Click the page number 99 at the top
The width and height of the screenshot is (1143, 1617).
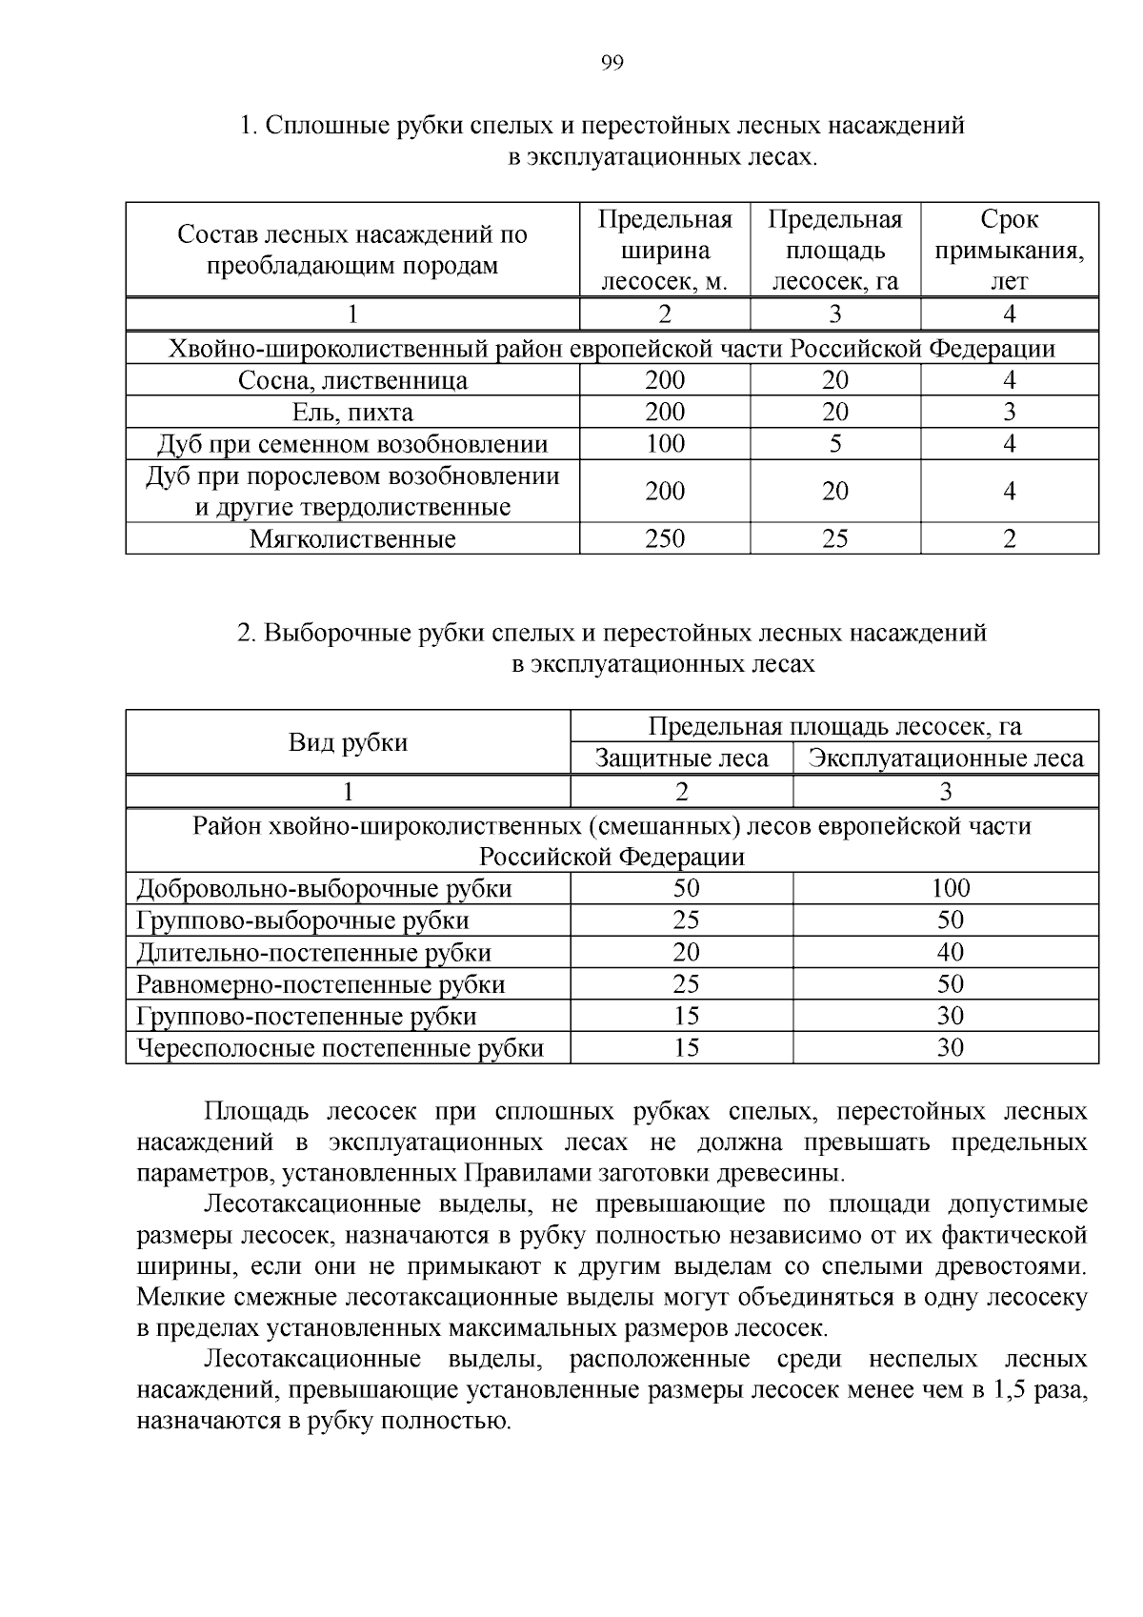pos(612,64)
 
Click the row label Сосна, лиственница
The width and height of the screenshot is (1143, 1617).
pos(352,381)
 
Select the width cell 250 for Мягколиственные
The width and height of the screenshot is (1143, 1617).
pos(664,538)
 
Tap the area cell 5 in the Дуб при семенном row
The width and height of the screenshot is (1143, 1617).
pos(834,444)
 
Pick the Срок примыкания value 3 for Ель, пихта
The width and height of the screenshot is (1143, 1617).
pos(1009,413)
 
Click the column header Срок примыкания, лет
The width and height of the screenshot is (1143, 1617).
pos(1009,251)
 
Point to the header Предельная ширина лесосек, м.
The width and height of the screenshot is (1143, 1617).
pos(664,251)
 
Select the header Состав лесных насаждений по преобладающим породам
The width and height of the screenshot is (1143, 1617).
pos(352,250)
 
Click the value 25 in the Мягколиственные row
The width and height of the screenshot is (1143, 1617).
pos(834,538)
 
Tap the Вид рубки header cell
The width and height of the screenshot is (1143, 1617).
pos(348,742)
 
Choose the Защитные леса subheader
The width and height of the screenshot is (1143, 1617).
pos(681,758)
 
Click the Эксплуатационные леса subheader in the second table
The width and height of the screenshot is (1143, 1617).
pos(945,758)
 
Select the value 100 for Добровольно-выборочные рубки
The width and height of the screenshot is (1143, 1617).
pos(950,889)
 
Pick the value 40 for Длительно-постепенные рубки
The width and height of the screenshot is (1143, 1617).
pos(950,953)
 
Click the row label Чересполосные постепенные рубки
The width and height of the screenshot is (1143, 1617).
pos(340,1049)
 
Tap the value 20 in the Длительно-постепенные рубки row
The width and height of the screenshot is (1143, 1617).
pos(686,953)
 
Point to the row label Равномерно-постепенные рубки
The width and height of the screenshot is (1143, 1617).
pos(321,984)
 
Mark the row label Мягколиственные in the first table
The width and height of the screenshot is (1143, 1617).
pos(352,539)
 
